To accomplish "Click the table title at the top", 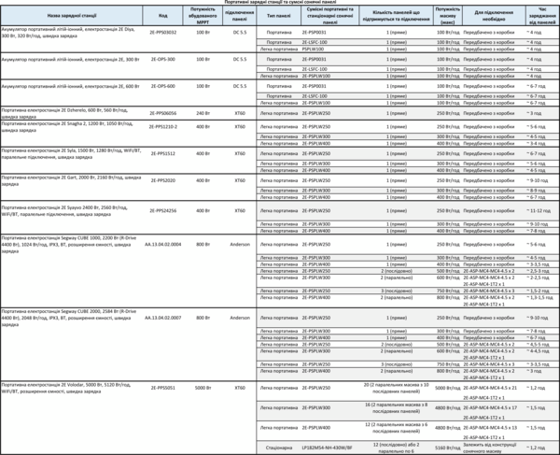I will coord(280,3).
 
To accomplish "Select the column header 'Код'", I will coord(163,16).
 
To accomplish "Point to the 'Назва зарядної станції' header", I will coord(70,16).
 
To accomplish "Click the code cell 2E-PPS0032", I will coord(163,31).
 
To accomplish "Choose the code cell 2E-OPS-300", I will coord(163,58).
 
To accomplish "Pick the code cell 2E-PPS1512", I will coord(163,153).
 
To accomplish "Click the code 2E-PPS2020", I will coord(163,180).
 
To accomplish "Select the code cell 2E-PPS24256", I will coord(163,211).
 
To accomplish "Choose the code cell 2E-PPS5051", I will coord(163,387).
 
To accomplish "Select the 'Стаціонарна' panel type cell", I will coord(278,448).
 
